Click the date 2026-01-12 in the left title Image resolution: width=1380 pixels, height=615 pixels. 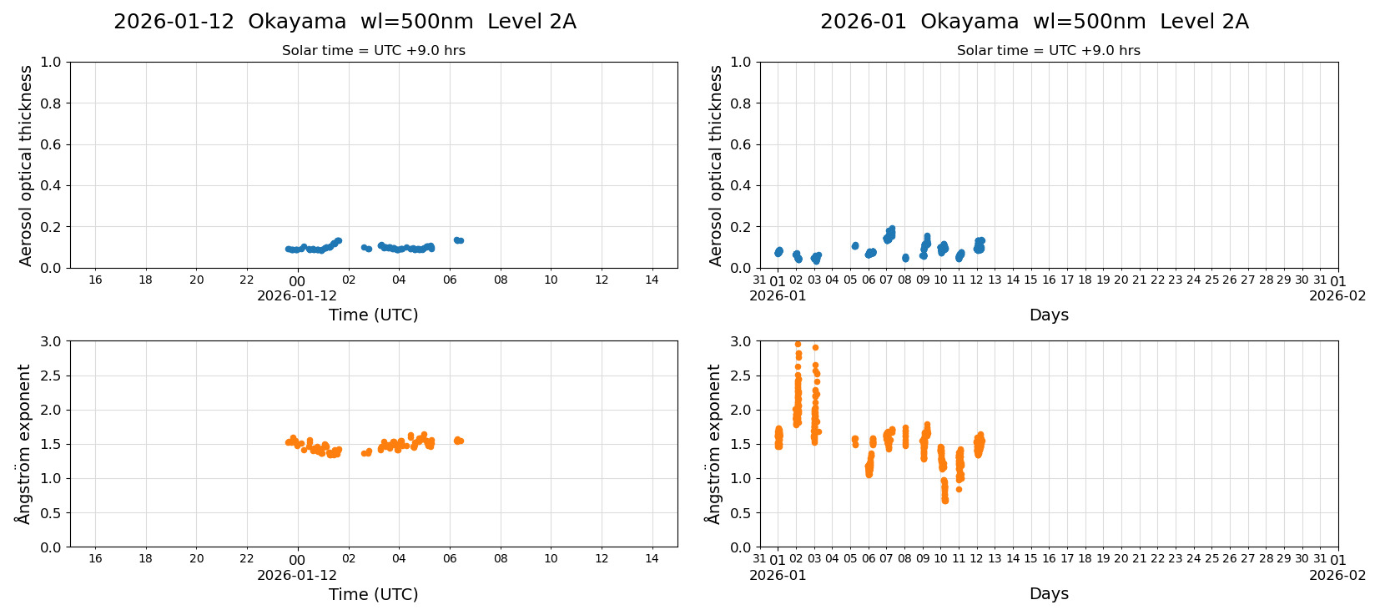coord(174,22)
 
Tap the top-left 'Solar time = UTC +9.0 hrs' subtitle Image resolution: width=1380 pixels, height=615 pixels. coord(373,51)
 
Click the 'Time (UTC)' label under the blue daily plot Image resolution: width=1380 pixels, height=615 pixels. coord(373,315)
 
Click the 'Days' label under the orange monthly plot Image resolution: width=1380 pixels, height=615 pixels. coord(1049,594)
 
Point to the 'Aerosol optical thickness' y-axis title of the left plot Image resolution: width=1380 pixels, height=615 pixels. coord(26,165)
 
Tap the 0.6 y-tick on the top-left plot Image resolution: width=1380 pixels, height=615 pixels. coord(51,144)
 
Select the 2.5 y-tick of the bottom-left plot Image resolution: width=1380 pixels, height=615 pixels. coord(51,376)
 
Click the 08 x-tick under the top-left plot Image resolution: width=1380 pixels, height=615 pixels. coord(501,280)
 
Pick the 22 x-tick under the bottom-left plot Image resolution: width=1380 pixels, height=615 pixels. coord(247,559)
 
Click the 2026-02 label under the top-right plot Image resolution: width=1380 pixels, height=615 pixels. coord(1337,296)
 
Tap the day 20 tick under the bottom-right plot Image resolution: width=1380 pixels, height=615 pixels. coord(1121,559)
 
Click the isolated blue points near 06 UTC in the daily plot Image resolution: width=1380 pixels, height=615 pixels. coord(458,240)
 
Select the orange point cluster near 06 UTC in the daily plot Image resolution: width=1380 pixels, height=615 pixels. coord(458,441)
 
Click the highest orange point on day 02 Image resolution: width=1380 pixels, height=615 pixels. coord(798,344)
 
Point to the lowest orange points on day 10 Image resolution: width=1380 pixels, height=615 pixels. coord(944,499)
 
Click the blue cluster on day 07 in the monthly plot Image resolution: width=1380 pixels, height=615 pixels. coord(889,234)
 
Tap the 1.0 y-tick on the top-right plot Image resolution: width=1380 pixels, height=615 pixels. coord(741,62)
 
